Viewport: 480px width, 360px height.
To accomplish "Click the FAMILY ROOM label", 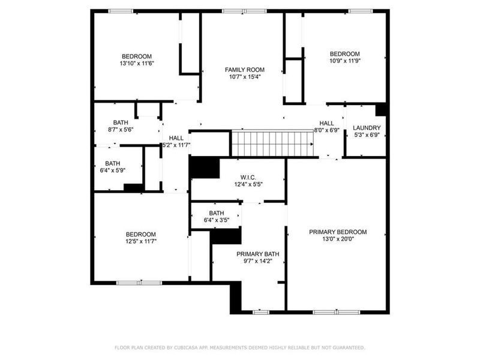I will point(244,70).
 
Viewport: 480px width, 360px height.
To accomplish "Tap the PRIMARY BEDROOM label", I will point(338,232).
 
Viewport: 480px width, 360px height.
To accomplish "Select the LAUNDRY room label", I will point(367,128).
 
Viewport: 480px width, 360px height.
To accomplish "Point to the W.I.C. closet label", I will point(248,177).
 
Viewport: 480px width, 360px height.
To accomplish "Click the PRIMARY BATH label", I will point(257,254).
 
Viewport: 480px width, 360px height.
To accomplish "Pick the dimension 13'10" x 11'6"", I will point(137,63).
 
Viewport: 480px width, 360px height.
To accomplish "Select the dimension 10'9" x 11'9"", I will point(344,60).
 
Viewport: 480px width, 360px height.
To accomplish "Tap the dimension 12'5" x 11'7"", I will point(140,241).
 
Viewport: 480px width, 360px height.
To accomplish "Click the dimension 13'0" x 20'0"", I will point(338,239).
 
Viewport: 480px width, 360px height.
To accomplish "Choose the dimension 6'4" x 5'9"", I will point(113,170).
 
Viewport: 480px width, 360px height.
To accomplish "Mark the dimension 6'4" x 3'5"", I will point(217,220).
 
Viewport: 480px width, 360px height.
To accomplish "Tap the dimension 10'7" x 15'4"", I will point(244,77).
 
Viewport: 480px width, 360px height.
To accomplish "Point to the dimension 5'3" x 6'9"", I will point(367,135).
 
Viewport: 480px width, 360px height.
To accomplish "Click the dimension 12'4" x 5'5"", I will point(248,184).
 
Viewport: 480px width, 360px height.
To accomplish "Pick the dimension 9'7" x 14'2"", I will point(257,261).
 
